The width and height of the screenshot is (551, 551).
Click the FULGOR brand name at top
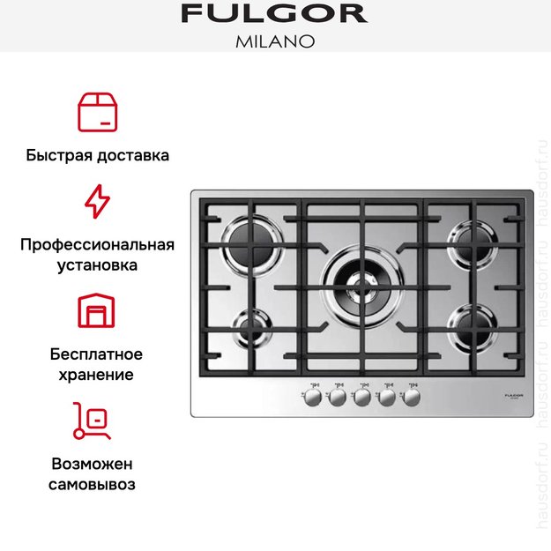pos(274,14)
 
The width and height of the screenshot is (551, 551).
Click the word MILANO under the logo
pos(274,41)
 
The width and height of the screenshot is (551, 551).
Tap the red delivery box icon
pos(97,111)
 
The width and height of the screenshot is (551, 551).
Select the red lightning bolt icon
pos(97,201)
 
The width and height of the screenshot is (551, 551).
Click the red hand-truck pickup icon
pos(93,421)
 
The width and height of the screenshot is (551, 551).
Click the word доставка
pos(134,155)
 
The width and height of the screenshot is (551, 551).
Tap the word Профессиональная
pos(97,244)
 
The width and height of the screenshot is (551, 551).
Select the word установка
pos(97,264)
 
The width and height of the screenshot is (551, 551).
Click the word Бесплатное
pos(97,354)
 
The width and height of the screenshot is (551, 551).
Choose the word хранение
pos(97,374)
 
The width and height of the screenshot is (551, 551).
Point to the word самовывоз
pos(97,484)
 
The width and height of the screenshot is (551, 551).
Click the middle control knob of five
pos(361,398)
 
